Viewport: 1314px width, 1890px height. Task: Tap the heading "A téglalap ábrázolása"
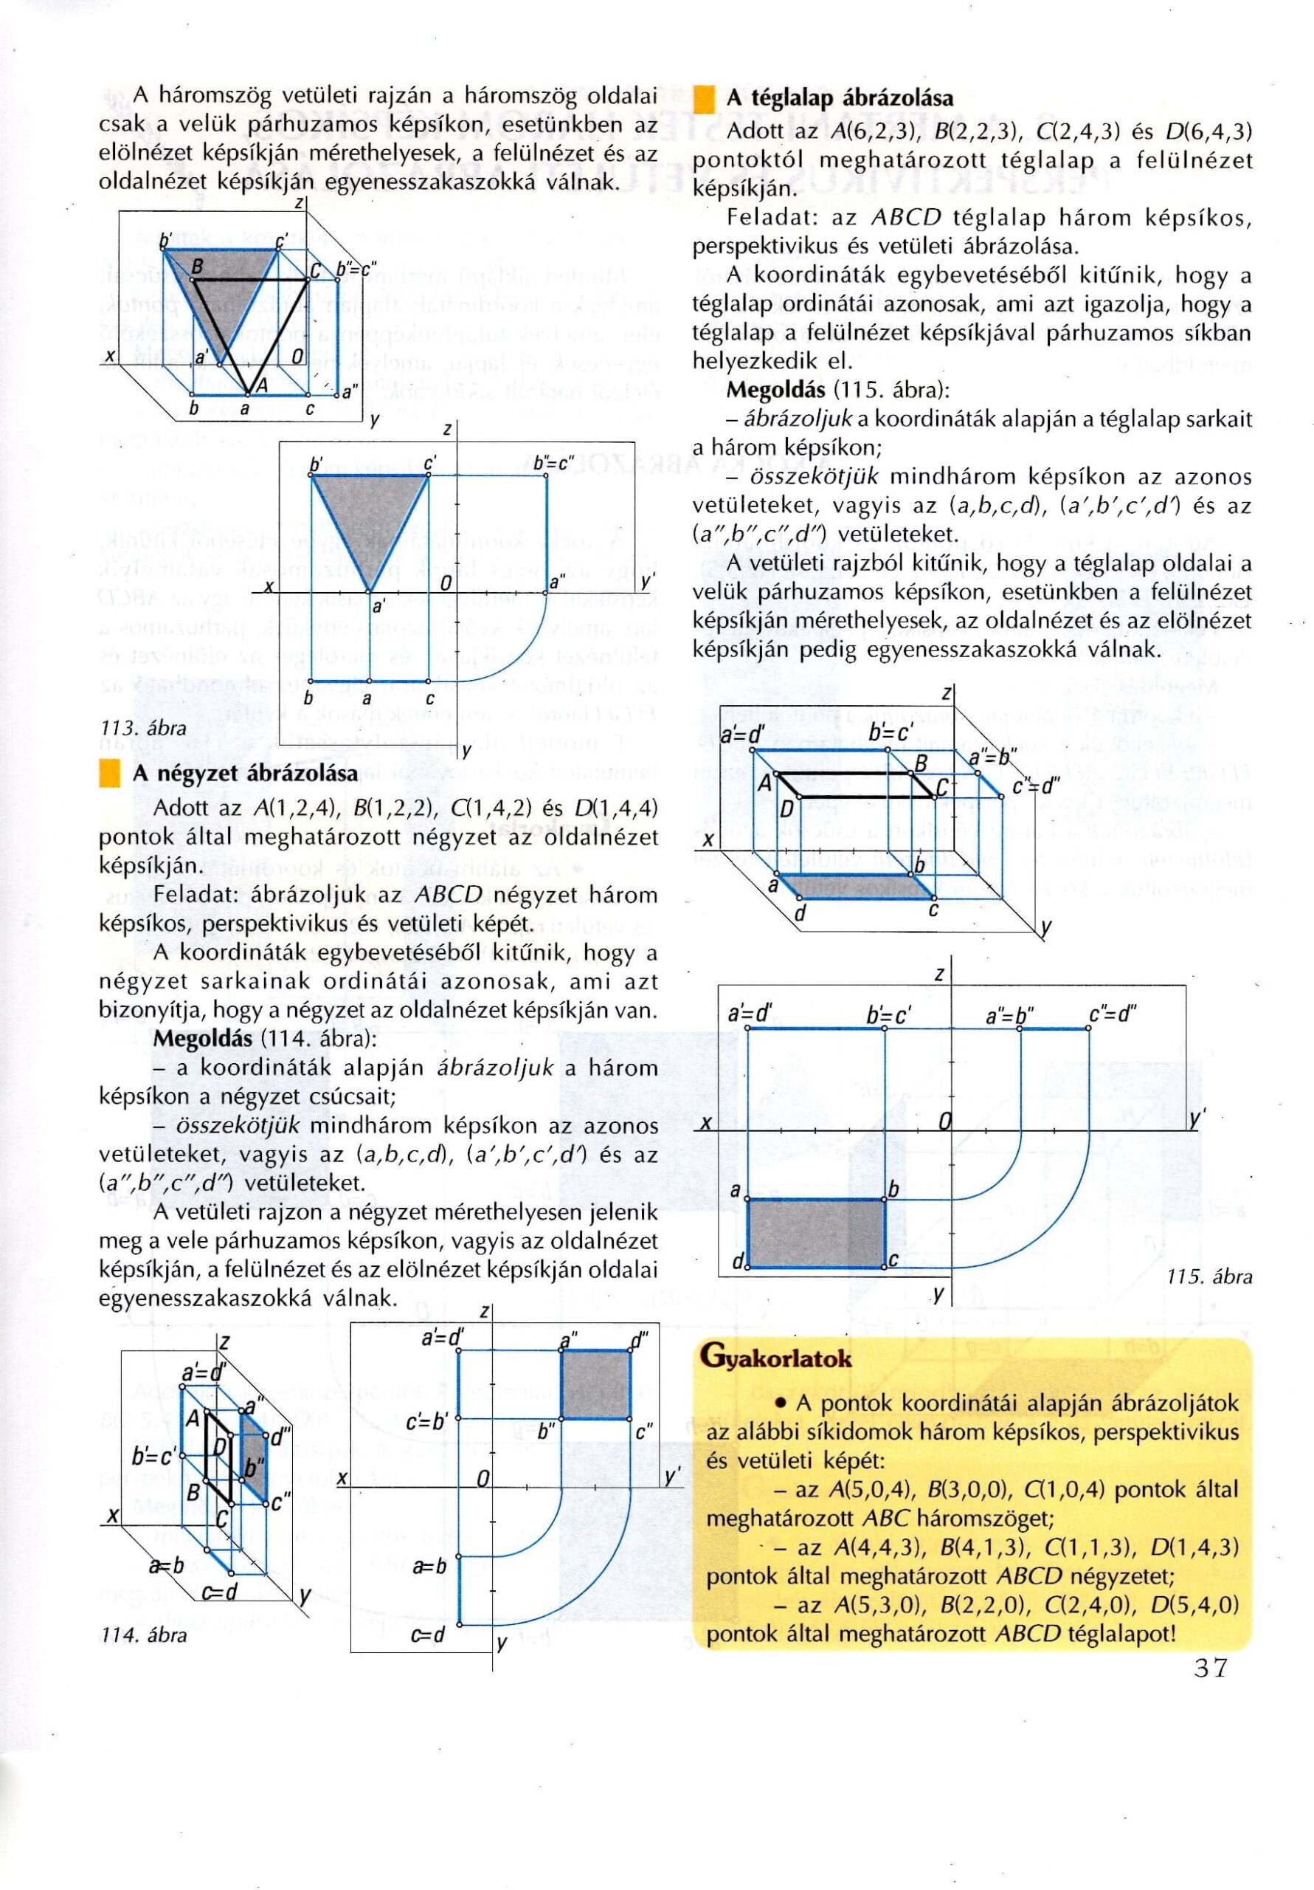840,99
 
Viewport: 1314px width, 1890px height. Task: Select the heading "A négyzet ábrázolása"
245,774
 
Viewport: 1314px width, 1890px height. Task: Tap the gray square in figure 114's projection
595,1383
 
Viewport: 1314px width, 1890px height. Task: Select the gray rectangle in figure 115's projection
815,1233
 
